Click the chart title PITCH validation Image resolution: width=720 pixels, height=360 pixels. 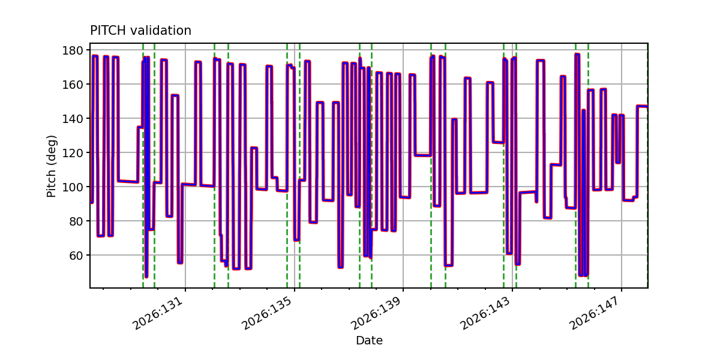coord(140,31)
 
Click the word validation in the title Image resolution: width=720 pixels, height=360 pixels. coord(161,31)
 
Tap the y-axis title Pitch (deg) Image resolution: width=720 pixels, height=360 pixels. coord(52,166)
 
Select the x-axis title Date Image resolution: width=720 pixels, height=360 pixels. coord(369,340)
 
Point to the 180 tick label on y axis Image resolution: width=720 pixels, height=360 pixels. coord(73,50)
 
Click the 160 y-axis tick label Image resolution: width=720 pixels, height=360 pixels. coord(73,84)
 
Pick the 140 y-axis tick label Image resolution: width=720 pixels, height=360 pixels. coord(73,119)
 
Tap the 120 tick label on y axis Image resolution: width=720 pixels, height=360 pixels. coord(73,152)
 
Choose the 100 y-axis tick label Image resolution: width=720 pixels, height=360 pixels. coord(73,187)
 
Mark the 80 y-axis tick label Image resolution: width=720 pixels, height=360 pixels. coord(76,221)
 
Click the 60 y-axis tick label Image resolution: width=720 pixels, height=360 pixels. coord(76,255)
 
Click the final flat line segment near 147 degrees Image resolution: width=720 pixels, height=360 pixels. coord(642,106)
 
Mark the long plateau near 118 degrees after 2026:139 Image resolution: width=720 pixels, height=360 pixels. coord(423,155)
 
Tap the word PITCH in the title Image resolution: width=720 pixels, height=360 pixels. coord(108,31)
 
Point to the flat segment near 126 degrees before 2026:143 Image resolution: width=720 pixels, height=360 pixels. coord(498,142)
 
